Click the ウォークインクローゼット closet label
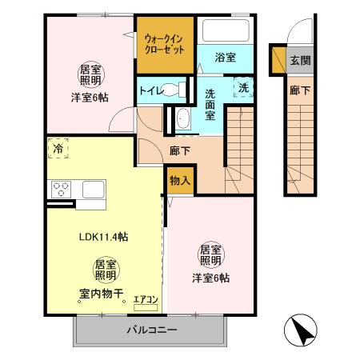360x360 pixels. click(x=163, y=42)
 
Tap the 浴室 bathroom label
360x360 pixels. click(x=225, y=57)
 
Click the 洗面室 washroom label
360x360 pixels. click(x=210, y=103)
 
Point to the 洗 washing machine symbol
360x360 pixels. click(x=240, y=87)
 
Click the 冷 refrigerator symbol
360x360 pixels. click(x=58, y=149)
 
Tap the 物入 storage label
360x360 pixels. click(x=180, y=181)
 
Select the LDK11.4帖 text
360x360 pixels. click(x=104, y=237)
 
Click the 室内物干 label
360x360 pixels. click(x=101, y=293)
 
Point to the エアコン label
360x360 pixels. click(x=146, y=300)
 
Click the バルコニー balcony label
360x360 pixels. click(x=151, y=330)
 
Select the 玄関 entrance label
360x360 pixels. click(x=298, y=60)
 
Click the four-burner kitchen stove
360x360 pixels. click(x=62, y=190)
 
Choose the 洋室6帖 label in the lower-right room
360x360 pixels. click(x=210, y=278)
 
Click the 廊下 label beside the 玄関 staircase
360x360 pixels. click(x=298, y=92)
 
